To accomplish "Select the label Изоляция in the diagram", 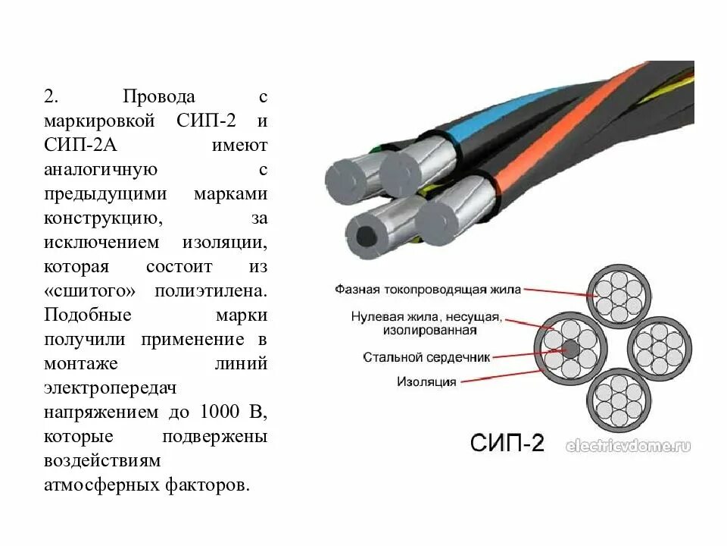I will click(x=427, y=381).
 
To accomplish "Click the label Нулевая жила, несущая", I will click(x=426, y=316).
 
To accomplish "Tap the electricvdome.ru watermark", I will click(x=628, y=447).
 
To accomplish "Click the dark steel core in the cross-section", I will click(x=571, y=350).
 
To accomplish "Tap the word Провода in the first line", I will click(x=160, y=97).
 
